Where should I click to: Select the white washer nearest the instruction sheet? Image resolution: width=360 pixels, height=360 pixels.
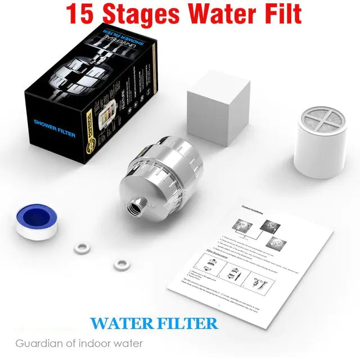pyautogui.click(x=119, y=263)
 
